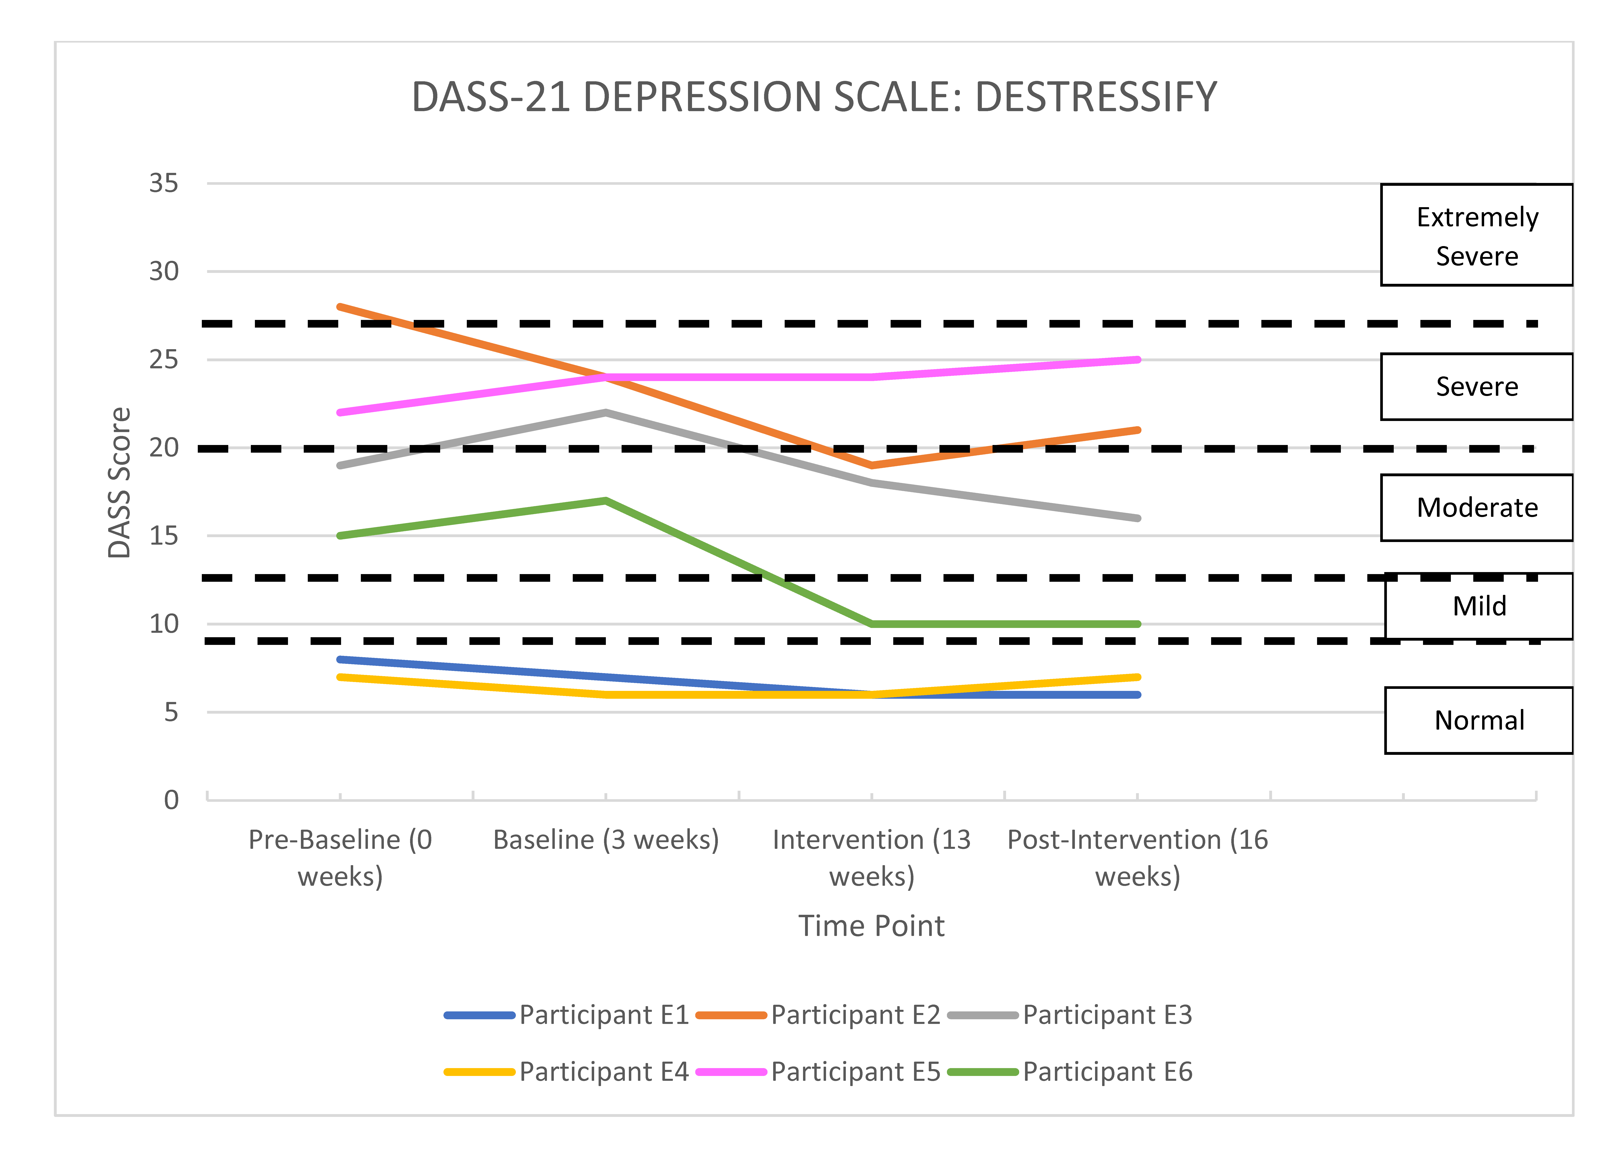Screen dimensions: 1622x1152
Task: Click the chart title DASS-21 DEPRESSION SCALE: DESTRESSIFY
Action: [814, 97]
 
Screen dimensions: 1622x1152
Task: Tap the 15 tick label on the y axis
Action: [164, 536]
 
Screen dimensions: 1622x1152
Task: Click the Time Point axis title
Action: [871, 926]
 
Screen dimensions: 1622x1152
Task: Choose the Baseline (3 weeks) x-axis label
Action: [606, 840]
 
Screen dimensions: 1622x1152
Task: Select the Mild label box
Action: [1479, 607]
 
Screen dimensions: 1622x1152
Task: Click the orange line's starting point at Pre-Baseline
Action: [341, 307]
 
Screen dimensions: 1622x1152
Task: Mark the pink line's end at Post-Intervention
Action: [1137, 360]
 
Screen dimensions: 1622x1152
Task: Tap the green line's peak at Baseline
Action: [606, 501]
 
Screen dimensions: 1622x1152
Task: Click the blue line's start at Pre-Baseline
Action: [341, 660]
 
